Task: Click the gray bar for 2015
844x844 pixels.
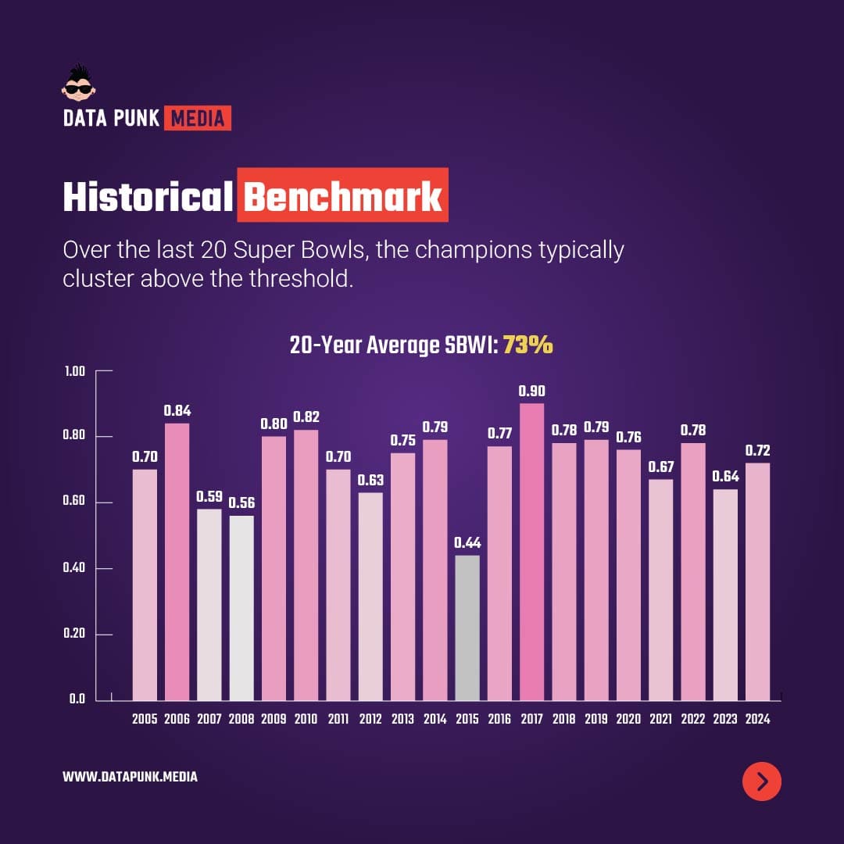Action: click(467, 628)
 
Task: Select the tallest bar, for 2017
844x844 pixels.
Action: click(532, 552)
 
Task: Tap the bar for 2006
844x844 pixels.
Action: click(177, 561)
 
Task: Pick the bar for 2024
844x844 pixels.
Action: click(757, 581)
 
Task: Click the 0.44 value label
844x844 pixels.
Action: click(467, 542)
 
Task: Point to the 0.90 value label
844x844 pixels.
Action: click(532, 391)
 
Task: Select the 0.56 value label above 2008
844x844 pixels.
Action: click(241, 503)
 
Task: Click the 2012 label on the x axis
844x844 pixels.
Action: click(370, 719)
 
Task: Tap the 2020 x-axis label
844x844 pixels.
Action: click(628, 719)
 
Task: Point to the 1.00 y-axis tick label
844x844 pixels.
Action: click(74, 371)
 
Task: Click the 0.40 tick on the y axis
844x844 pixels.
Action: click(74, 568)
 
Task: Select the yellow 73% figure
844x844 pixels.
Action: click(527, 345)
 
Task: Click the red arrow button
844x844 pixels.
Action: click(762, 781)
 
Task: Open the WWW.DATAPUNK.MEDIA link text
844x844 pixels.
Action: click(130, 777)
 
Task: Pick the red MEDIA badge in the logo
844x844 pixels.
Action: click(198, 119)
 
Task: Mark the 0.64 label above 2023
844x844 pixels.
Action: click(725, 477)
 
